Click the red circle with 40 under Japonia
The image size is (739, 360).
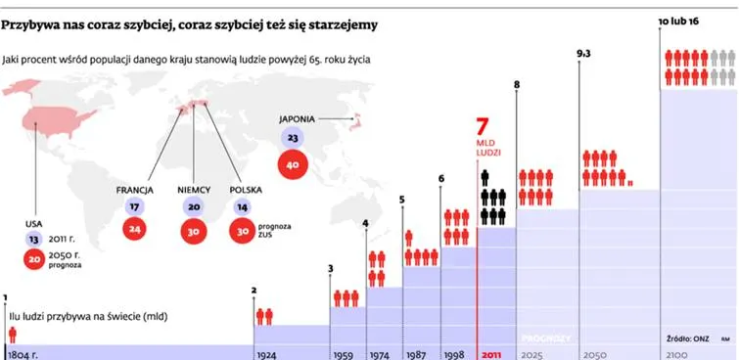click(x=293, y=164)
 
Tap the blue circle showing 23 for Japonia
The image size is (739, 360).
click(x=293, y=139)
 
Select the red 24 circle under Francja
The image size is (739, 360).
click(x=134, y=230)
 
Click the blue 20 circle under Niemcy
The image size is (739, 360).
click(x=193, y=206)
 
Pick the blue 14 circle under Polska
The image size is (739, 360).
click(x=242, y=206)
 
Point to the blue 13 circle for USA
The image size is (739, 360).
click(x=33, y=240)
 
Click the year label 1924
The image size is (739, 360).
click(x=266, y=355)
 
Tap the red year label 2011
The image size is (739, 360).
click(x=491, y=355)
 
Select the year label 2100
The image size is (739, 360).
click(x=674, y=355)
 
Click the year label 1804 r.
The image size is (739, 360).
click(x=23, y=355)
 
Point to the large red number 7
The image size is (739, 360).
click(x=482, y=127)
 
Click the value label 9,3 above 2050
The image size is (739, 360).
click(x=583, y=54)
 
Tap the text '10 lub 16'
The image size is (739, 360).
click(x=678, y=22)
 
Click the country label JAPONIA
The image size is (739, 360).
click(x=297, y=119)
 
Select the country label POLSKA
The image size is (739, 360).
click(x=246, y=191)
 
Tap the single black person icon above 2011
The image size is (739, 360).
click(x=485, y=178)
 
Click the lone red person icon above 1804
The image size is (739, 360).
click(x=13, y=335)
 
